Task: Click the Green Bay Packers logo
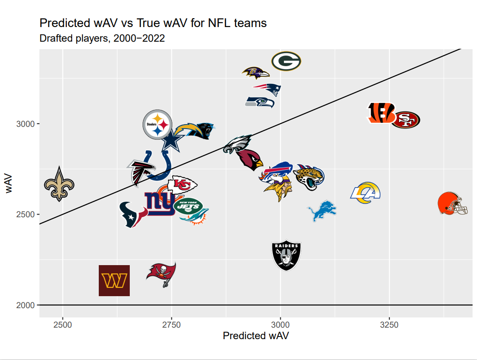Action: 286,61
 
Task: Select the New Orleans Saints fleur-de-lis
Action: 59,184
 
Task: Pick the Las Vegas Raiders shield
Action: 286,256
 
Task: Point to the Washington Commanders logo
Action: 114,280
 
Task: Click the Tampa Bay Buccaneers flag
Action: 162,274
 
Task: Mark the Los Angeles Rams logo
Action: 366,193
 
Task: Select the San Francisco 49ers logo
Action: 405,120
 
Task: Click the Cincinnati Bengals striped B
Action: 381,113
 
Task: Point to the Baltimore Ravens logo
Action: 256,71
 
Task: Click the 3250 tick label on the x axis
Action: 389,325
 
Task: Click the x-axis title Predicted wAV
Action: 256,336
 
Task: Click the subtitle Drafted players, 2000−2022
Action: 102,39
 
